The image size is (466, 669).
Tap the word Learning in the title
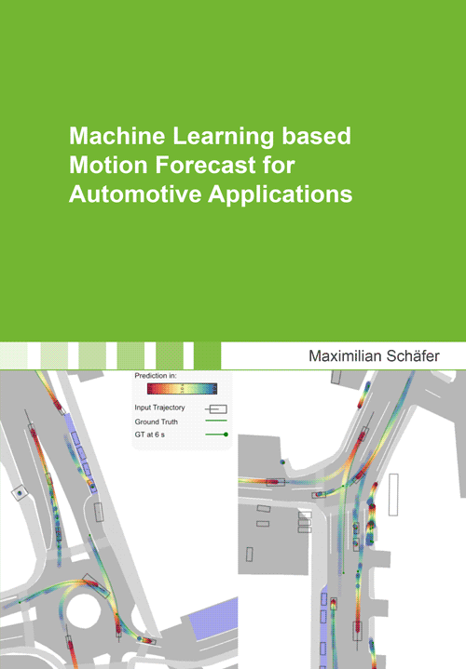pyautogui.click(x=223, y=137)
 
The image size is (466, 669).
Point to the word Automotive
pyautogui.click(x=135, y=194)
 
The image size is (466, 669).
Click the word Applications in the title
pyautogui.click(x=281, y=195)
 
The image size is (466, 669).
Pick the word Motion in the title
pyautogui.click(x=109, y=165)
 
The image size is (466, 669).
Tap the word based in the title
pyautogui.click(x=316, y=136)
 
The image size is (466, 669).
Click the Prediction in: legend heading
pyautogui.click(x=156, y=376)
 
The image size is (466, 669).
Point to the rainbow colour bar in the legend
pyautogui.click(x=182, y=389)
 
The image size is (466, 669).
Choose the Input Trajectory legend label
pyautogui.click(x=160, y=408)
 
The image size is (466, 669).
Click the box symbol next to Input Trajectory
pyautogui.click(x=218, y=409)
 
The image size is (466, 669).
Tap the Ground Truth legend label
pyautogui.click(x=156, y=422)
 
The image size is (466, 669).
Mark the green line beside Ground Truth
pyautogui.click(x=216, y=421)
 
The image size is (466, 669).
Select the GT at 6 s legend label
pyautogui.click(x=150, y=435)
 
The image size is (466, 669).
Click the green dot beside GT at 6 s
pyautogui.click(x=226, y=435)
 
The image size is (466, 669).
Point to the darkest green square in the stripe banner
pyautogui.click(x=207, y=355)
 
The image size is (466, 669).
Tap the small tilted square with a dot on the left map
pyautogui.click(x=19, y=493)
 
